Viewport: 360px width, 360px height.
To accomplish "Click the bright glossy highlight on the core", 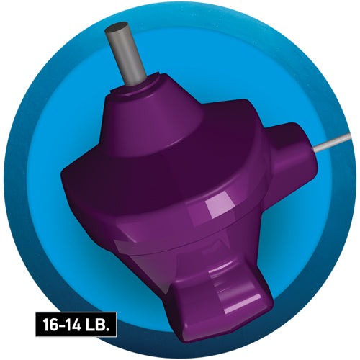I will coord(215,210).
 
